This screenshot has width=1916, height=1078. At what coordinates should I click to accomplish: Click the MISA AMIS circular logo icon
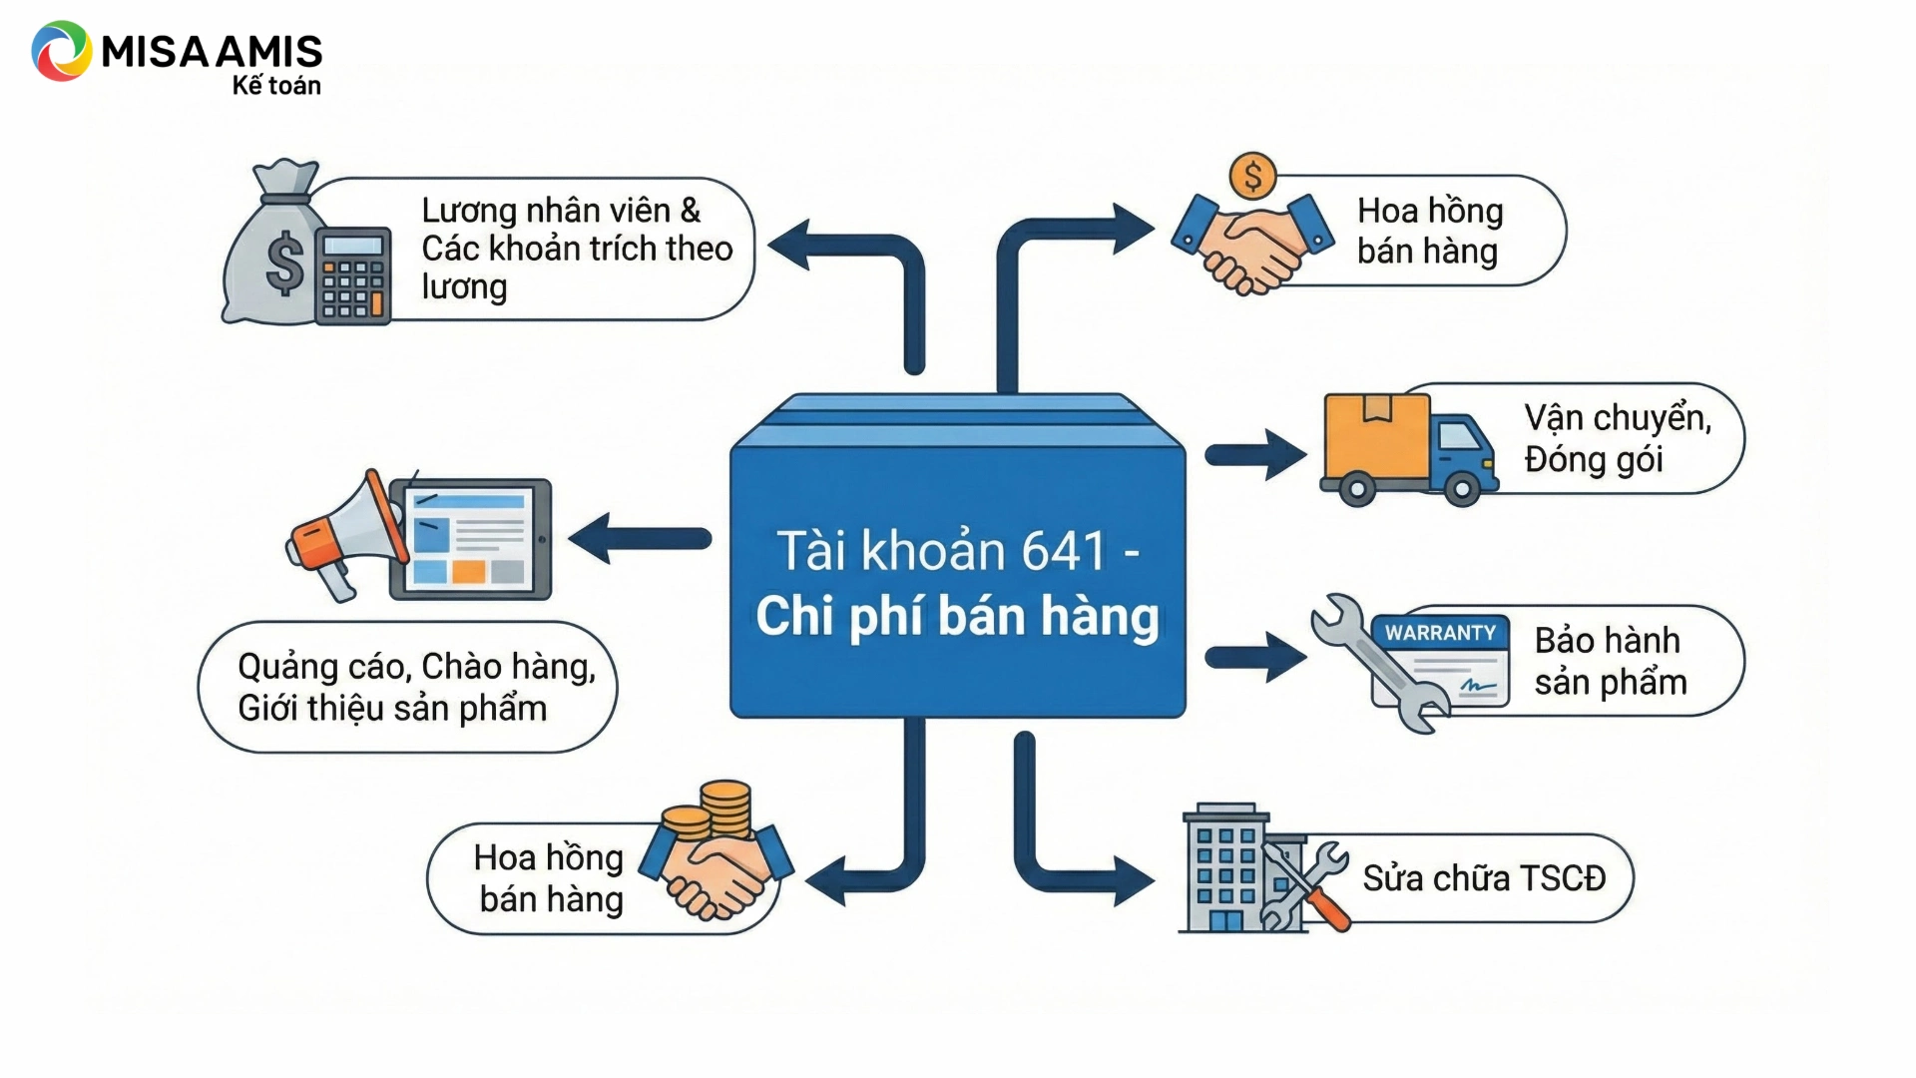(61, 51)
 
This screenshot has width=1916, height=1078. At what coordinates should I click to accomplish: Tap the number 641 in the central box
(1063, 551)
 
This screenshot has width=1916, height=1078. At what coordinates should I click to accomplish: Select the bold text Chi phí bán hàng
(957, 616)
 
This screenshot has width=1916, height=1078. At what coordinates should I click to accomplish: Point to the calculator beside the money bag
(352, 275)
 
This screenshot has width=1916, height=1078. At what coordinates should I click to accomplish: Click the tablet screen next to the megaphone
(469, 539)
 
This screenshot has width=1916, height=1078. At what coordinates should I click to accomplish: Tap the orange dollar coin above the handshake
(1252, 177)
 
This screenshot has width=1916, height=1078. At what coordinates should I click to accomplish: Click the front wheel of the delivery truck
(1461, 488)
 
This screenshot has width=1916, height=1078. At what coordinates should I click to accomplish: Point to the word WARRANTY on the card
(1440, 633)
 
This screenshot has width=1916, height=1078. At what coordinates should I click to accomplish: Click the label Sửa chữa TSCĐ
(1484, 878)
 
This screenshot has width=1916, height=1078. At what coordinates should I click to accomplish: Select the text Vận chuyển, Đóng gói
(1617, 438)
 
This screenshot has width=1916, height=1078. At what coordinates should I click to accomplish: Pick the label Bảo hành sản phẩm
(1610, 661)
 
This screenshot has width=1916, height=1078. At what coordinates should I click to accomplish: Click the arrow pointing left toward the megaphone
(639, 539)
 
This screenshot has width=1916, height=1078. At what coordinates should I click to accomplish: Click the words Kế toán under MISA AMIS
(276, 86)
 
